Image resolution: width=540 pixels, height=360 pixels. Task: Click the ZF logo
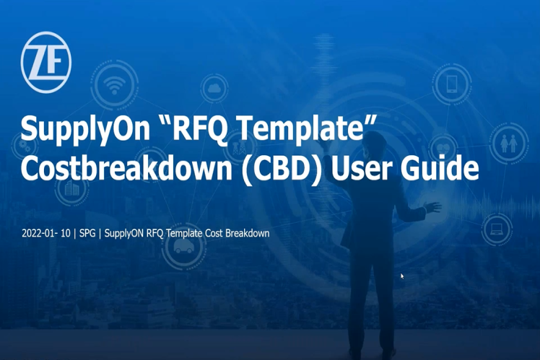click(45, 62)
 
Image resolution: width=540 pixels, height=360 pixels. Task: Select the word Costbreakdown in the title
click(126, 167)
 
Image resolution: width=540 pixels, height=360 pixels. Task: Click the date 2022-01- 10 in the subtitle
click(45, 233)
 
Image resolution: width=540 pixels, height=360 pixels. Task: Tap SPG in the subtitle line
click(87, 233)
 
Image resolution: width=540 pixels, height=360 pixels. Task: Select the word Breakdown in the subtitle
click(248, 233)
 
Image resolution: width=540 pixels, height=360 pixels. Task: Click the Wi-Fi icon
click(114, 85)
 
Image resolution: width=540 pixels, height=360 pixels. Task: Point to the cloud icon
click(214, 89)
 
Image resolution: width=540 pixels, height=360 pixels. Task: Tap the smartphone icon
click(451, 84)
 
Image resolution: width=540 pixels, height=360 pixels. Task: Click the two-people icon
click(509, 143)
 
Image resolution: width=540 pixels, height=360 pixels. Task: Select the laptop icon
click(496, 229)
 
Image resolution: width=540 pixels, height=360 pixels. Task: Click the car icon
click(183, 247)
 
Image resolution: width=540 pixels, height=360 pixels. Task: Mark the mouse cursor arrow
click(402, 276)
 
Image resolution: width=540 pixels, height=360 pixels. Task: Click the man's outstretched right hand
click(432, 207)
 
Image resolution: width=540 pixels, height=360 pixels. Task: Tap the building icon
click(72, 188)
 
